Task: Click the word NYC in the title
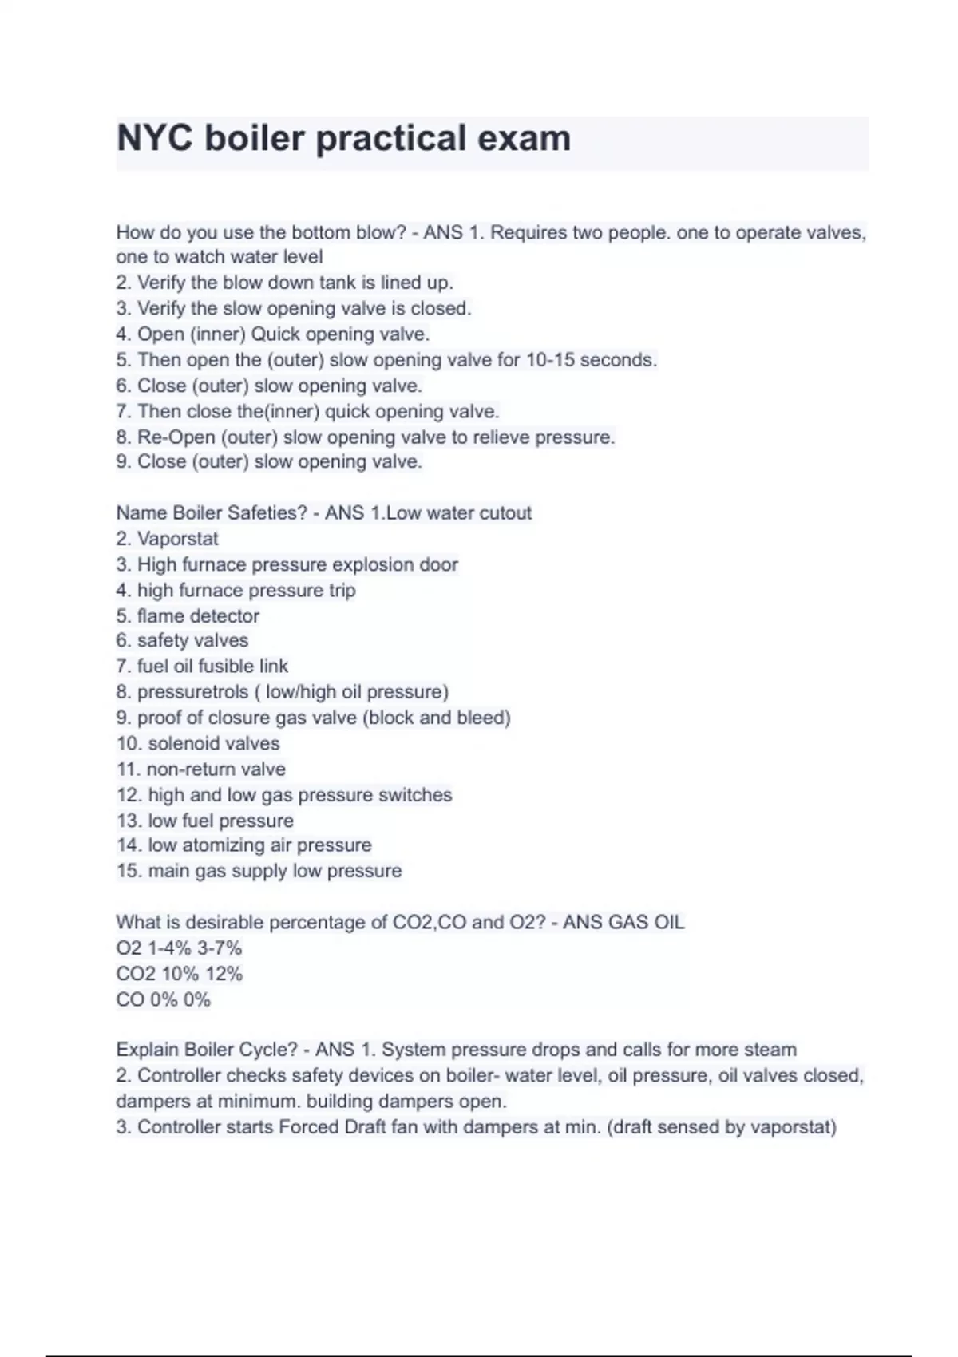(155, 138)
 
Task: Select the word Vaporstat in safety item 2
(177, 539)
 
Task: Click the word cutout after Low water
(501, 512)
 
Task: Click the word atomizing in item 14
(222, 845)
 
